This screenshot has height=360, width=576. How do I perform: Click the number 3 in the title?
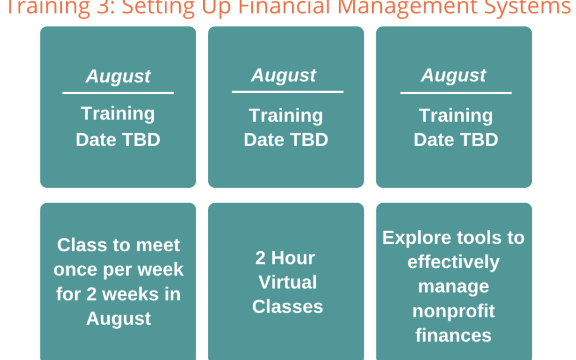(x=102, y=6)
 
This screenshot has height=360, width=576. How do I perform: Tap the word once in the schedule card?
(x=75, y=270)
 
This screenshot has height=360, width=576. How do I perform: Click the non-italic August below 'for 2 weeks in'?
(x=118, y=318)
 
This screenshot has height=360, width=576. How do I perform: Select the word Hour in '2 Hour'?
(x=293, y=258)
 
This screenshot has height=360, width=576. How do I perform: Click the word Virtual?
(x=287, y=282)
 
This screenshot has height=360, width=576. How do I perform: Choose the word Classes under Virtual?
(x=287, y=306)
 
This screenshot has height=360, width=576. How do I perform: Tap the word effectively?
(x=454, y=262)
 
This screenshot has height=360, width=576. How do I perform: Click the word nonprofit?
(x=454, y=311)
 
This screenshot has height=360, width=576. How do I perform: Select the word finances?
(x=454, y=335)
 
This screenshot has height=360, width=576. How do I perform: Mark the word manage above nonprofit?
(x=454, y=287)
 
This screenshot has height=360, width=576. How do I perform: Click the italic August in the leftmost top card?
(x=118, y=76)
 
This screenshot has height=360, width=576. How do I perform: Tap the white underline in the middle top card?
(x=287, y=92)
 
